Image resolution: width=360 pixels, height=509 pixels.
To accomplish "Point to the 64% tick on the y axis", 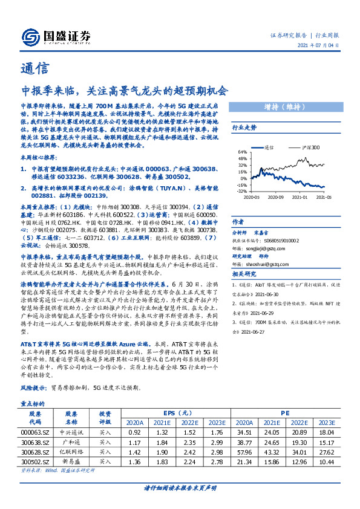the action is [243, 152].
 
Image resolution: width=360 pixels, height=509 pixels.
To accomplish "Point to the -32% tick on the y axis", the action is [242, 192].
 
